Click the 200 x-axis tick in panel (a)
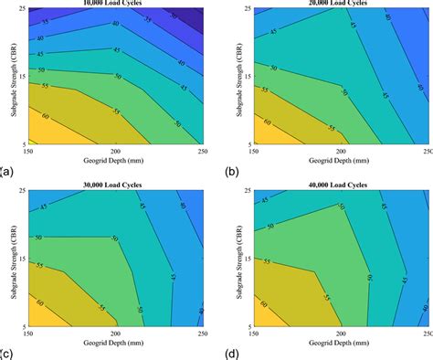(117, 151)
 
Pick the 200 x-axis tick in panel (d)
(342, 334)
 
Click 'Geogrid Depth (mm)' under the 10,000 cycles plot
(117, 162)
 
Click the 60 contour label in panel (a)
(48, 117)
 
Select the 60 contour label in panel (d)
(270, 298)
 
